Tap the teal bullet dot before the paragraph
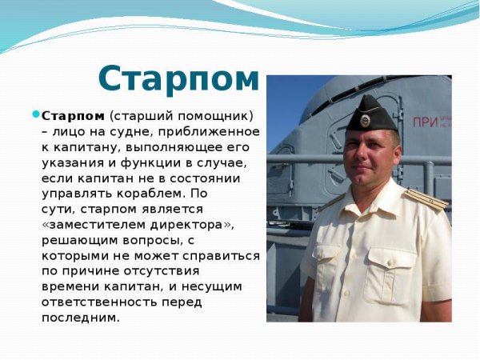tap(35, 114)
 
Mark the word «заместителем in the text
tap(90, 225)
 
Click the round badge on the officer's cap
tap(365, 120)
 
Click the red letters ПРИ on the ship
tap(425, 122)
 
